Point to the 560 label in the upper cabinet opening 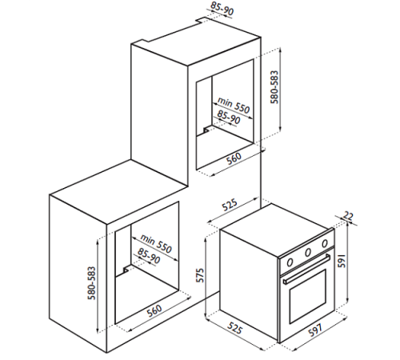(233, 158)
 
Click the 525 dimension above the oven (229, 206)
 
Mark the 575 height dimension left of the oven (201, 277)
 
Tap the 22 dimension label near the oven (349, 216)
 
